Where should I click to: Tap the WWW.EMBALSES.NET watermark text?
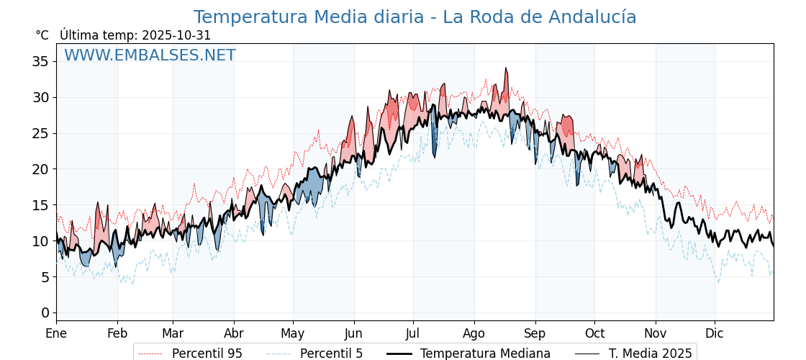(x=150, y=55)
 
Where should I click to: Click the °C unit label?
(x=42, y=35)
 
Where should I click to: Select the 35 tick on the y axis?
(x=40, y=61)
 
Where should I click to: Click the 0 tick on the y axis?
(x=45, y=312)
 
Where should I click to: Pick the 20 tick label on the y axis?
(x=40, y=169)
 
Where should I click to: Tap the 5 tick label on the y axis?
(x=45, y=276)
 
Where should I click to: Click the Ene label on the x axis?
(x=56, y=333)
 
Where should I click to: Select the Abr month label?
(x=234, y=333)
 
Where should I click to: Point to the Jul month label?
(x=413, y=333)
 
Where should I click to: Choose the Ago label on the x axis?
(x=474, y=333)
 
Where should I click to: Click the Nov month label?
(x=656, y=333)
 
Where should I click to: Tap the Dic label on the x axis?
(x=715, y=333)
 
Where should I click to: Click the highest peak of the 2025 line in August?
(x=506, y=68)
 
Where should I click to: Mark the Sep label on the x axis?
(x=535, y=333)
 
